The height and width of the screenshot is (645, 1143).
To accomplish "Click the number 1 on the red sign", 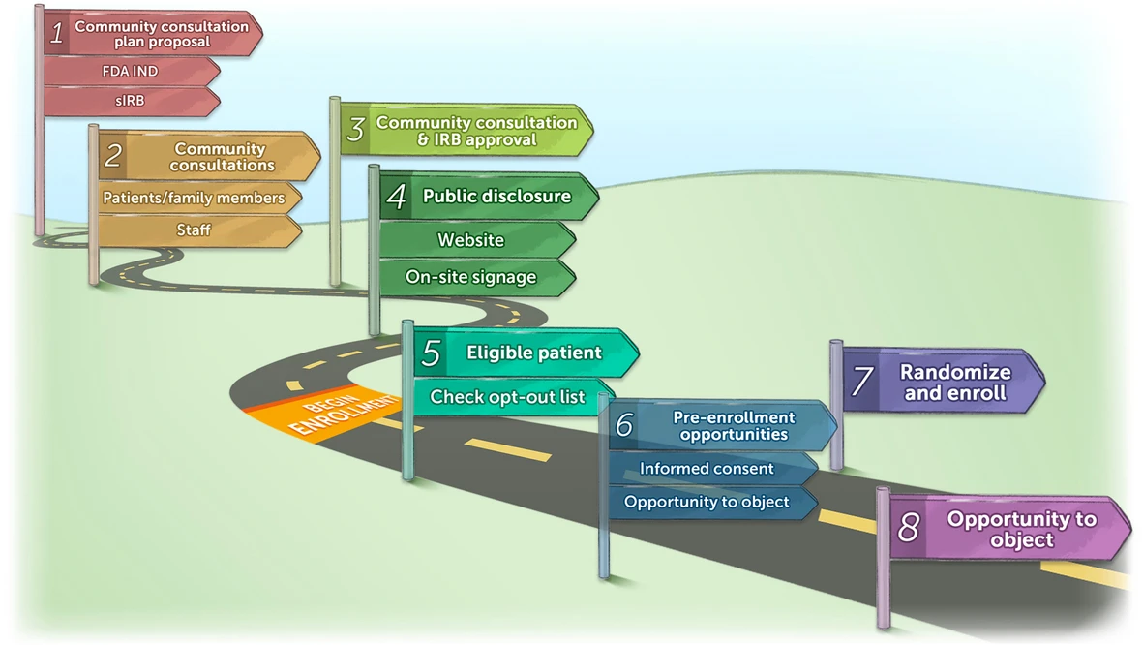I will (x=57, y=34).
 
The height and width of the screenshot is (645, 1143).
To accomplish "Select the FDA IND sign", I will (x=131, y=72).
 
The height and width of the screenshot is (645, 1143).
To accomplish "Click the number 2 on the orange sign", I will (x=113, y=157).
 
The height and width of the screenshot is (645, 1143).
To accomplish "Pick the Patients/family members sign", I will (x=194, y=199).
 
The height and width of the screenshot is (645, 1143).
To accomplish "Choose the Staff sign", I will (x=194, y=230).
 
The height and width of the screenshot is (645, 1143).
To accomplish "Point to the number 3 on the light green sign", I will (x=355, y=131).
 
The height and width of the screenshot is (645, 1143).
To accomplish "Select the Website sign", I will (x=470, y=240).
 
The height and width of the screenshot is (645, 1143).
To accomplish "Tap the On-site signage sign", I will (x=470, y=277).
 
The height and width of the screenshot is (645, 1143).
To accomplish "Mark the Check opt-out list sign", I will (x=507, y=397).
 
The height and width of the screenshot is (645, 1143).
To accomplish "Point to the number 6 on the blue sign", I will (x=624, y=425).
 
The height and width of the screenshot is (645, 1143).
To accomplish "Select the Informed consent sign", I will (x=707, y=469).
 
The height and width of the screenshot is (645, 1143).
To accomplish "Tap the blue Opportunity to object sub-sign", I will (x=707, y=502).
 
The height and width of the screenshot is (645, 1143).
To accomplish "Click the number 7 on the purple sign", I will (x=861, y=381).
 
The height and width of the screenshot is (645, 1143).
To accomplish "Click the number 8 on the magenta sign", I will (x=908, y=529).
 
